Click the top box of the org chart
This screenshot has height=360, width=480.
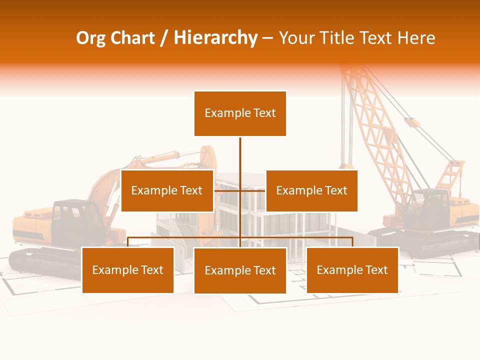coord(240,113)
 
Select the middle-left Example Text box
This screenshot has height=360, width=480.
coord(167,190)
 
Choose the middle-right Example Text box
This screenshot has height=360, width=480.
coord(311,190)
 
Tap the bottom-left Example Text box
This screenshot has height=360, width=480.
coord(128,270)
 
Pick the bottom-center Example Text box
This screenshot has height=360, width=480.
coord(240,270)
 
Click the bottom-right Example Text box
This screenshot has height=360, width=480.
coord(352,270)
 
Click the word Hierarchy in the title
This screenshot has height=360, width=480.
coord(215,38)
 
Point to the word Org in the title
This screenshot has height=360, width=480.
coord(90,38)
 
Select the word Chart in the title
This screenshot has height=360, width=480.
coord(132,38)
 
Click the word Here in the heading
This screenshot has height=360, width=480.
coord(416,38)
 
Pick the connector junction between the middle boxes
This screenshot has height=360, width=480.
coord(240,190)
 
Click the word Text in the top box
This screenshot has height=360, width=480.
coord(263,113)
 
